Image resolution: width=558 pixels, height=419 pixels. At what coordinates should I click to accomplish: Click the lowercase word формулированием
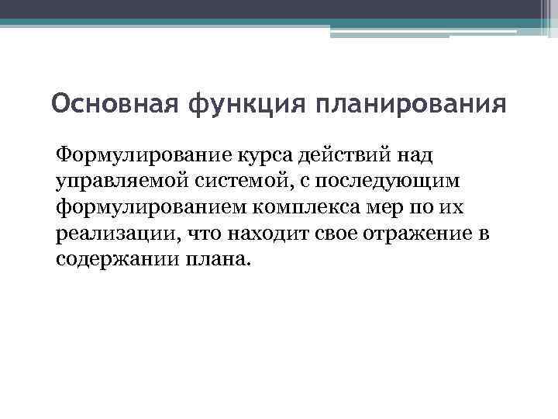coord(143,206)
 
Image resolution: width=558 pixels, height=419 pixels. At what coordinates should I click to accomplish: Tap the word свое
coord(339,233)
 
